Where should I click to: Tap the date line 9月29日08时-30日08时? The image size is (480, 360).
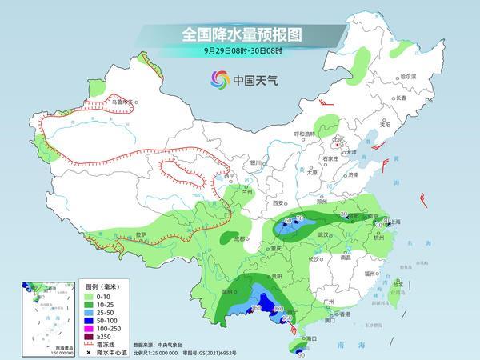coord(239,51)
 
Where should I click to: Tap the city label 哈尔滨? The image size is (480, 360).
coord(409,75)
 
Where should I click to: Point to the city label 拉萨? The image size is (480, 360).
coord(141,234)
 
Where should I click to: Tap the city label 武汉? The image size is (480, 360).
coord(323,234)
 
